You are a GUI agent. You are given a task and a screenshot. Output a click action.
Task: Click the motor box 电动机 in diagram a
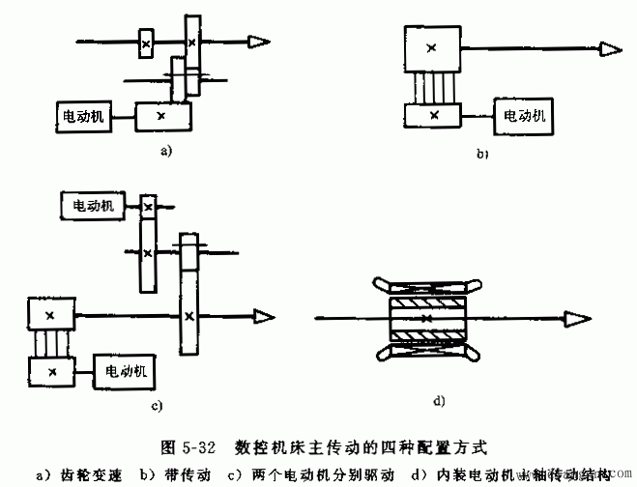tap(81, 116)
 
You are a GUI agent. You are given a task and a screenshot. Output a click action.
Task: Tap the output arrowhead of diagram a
tap(258, 42)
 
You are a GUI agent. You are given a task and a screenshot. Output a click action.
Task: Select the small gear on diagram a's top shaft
tap(145, 44)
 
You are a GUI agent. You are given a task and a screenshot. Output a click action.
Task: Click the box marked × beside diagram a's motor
tap(162, 116)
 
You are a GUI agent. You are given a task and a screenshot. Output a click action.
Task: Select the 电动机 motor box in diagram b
tap(524, 115)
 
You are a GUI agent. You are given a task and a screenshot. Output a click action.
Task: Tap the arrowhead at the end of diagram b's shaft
tap(611, 48)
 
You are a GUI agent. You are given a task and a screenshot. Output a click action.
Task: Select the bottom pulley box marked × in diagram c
tap(51, 370)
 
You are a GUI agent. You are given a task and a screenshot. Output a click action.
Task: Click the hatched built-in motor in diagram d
tap(426, 318)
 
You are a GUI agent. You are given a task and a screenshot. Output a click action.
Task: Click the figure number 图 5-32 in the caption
tap(188, 447)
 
